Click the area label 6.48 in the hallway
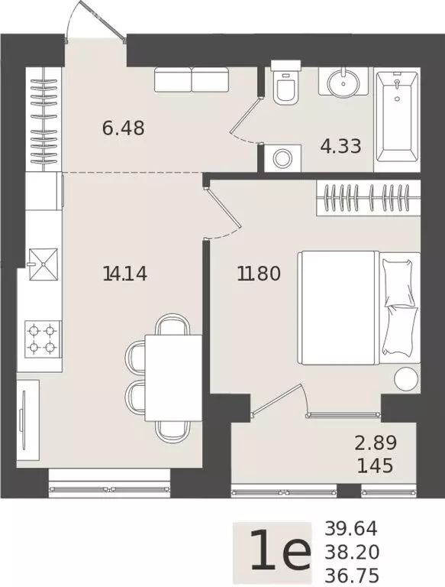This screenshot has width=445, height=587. coord(123,127)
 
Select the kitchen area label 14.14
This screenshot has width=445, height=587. coord(124,272)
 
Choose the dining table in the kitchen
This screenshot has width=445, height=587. coord(173,378)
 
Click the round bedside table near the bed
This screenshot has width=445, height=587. coord(405,378)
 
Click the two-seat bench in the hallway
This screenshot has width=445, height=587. coord(191,79)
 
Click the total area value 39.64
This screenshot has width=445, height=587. coord(351,528)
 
